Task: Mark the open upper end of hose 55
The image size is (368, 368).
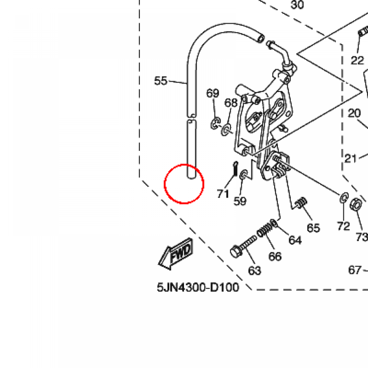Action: [x=261, y=38]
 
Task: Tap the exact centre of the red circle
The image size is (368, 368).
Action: [x=184, y=184]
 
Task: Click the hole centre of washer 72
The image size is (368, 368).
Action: [x=344, y=198]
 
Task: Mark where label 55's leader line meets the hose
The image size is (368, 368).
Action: [x=187, y=83]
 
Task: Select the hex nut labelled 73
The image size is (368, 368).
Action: [x=356, y=204]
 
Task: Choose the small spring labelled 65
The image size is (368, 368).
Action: [x=302, y=202]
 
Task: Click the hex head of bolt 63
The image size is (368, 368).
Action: [x=236, y=252]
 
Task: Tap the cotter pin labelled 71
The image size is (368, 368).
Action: [x=235, y=168]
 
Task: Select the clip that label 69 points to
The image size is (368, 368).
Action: [x=215, y=124]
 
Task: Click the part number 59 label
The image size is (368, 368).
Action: [x=240, y=201]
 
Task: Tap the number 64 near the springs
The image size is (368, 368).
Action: [x=295, y=240]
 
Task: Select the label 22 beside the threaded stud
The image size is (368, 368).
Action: [x=357, y=60]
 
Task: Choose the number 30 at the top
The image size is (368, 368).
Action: [x=297, y=5]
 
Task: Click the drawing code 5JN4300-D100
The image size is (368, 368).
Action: [x=198, y=287]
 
